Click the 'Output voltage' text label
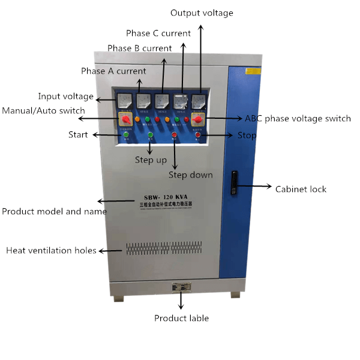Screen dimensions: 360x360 [x=202, y=13]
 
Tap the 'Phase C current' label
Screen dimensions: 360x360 [x=158, y=33]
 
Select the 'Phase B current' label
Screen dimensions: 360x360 [x=140, y=48]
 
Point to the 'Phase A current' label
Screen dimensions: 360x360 [x=113, y=71]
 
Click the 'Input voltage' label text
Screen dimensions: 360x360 [x=66, y=96]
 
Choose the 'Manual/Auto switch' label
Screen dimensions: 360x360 [x=43, y=110]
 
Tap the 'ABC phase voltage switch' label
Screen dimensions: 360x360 [x=298, y=118]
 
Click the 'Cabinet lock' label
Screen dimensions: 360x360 [x=301, y=189]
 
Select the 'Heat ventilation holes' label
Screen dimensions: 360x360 [x=51, y=250]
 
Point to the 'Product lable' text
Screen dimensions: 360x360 [x=181, y=318]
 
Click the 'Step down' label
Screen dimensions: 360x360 [x=190, y=175]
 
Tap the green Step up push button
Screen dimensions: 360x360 [x=151, y=135]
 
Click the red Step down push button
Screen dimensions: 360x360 [x=175, y=135]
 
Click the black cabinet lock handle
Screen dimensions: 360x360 [x=235, y=179]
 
